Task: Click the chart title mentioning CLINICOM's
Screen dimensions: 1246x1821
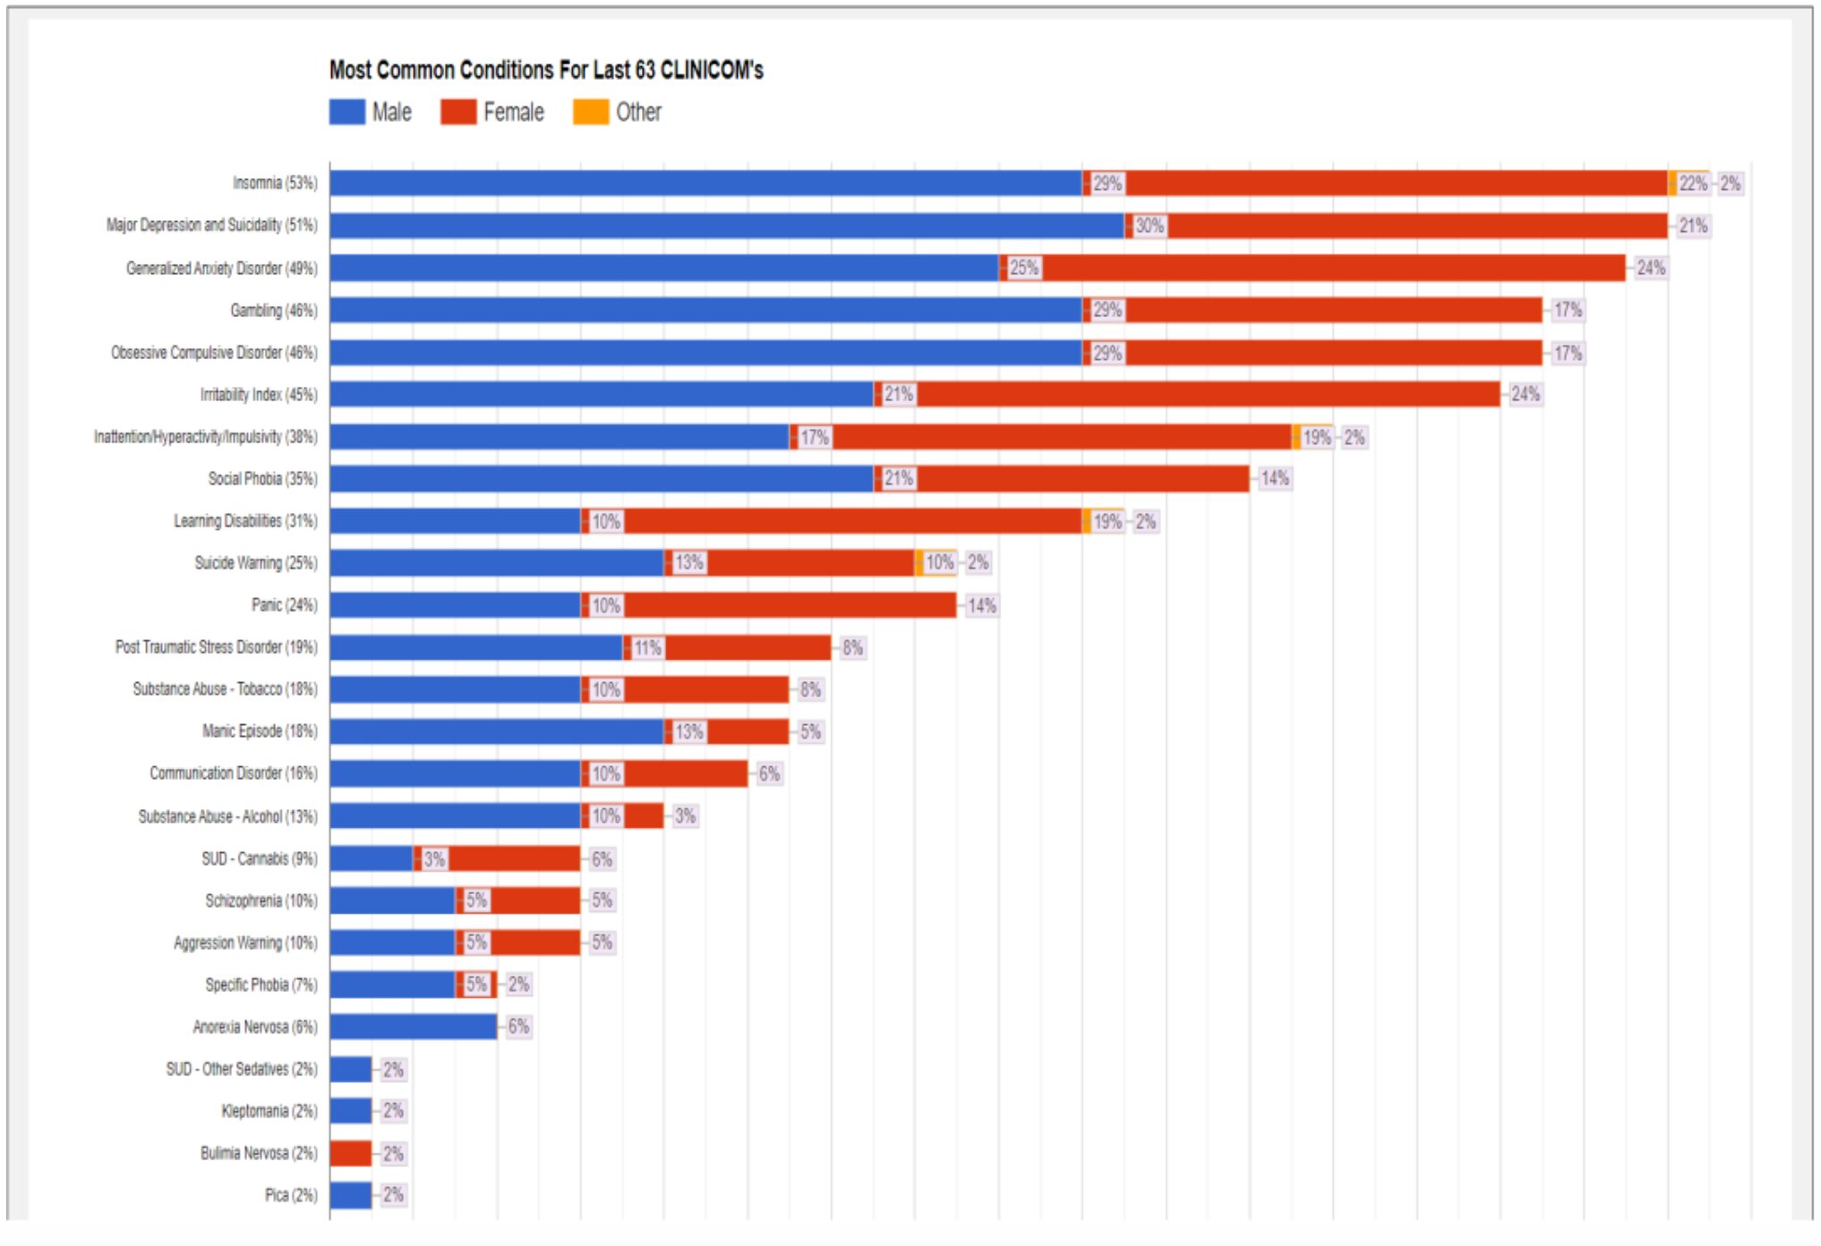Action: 545,70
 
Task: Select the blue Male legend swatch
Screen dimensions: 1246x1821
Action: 346,112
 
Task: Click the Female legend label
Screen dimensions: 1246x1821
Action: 513,112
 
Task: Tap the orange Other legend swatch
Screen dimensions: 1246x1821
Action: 590,112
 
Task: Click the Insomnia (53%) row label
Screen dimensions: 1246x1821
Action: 275,183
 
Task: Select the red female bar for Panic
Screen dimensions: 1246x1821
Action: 788,606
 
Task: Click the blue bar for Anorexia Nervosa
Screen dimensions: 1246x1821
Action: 413,1027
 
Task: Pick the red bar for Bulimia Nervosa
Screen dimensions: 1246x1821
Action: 350,1153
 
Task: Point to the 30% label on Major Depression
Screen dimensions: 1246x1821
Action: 1150,226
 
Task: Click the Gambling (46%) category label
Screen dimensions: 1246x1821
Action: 273,311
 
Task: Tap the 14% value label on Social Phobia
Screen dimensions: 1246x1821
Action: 1274,479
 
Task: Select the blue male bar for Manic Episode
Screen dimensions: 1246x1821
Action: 496,732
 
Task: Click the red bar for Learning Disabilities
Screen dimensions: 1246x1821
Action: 851,521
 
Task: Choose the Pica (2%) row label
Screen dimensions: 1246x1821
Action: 291,1195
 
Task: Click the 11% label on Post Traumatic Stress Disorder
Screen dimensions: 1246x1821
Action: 648,648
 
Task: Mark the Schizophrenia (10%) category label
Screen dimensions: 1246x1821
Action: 261,900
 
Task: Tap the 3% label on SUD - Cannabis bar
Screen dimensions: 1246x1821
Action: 435,859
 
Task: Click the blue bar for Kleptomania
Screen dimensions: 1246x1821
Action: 350,1111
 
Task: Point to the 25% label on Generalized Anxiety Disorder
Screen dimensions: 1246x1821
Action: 1024,268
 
